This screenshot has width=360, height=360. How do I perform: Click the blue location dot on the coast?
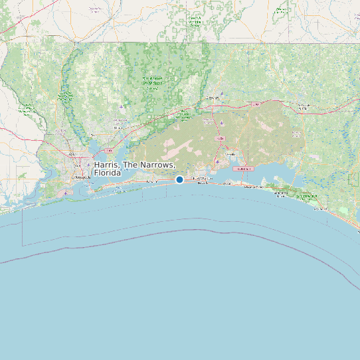tap(179, 179)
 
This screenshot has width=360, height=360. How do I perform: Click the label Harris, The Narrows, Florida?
tap(135, 169)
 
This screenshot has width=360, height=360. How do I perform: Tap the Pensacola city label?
tap(82, 178)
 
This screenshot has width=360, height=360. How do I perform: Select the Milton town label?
tap(120, 127)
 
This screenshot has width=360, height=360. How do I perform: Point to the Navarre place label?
tap(152, 180)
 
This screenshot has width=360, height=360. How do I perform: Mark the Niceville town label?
tap(230, 154)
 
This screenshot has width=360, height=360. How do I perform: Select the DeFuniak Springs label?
tap(304, 106)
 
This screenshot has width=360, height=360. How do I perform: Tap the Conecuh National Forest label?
tap(194, 21)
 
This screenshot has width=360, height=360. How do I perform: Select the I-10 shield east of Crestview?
tap(255, 104)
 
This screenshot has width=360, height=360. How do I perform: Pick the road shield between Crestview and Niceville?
tap(220, 137)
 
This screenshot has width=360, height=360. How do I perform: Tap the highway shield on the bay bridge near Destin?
tap(243, 169)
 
